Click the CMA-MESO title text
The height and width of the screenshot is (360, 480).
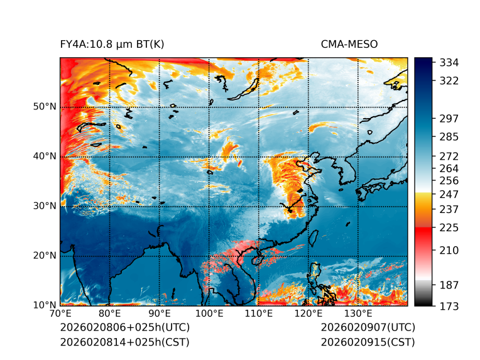349,44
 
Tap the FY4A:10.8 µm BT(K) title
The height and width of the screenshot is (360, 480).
112,44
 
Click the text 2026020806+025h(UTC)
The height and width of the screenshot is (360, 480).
124,328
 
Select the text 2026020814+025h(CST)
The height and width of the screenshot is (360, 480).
124,342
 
